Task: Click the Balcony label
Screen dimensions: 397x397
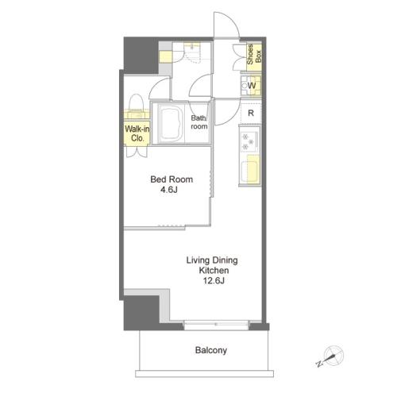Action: tap(211, 350)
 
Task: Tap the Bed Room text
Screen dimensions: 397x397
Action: tap(172, 179)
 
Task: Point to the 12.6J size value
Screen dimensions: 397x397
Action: tap(214, 280)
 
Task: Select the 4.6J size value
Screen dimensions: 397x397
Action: tap(169, 190)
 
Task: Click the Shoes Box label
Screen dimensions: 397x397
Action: tap(254, 55)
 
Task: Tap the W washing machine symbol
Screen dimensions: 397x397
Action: tap(251, 86)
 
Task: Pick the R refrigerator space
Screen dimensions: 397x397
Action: tap(251, 113)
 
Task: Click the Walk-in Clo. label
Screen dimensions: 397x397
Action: tap(137, 133)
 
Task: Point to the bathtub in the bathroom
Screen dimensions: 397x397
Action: tap(171, 123)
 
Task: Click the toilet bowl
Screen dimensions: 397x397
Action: tap(137, 102)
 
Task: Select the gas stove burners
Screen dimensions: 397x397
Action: tap(249, 141)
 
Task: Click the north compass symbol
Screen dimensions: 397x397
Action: tap(331, 356)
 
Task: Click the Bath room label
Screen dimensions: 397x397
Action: tap(199, 122)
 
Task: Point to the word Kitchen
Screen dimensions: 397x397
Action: tap(214, 271)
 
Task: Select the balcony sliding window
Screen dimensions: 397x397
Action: tap(216, 325)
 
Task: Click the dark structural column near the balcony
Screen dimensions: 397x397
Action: tap(141, 312)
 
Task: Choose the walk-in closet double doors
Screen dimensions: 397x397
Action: tap(137, 152)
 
